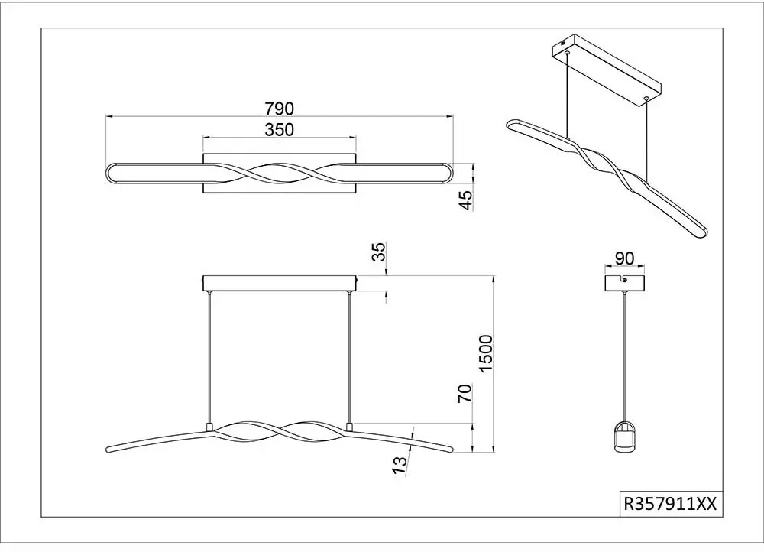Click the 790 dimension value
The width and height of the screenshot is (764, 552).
coord(280,109)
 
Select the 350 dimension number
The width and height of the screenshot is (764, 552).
coord(280,130)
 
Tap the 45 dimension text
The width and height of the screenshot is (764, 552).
coord(466,200)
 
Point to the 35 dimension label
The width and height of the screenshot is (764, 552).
coord(379,251)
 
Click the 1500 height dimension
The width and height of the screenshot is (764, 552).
coord(486,353)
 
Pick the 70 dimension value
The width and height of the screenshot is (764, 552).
coord(465,393)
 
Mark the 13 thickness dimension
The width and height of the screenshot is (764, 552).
coord(400,465)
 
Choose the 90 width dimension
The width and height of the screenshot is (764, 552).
coord(624,258)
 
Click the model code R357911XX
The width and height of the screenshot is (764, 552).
coord(671,503)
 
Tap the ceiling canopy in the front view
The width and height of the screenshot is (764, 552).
coord(280,284)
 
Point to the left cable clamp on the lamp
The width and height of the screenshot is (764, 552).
coord(210,427)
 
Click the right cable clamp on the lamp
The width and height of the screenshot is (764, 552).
coord(349,427)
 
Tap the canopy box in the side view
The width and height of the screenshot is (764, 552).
coord(624,284)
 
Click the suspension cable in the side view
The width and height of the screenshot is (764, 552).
coord(624,356)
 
